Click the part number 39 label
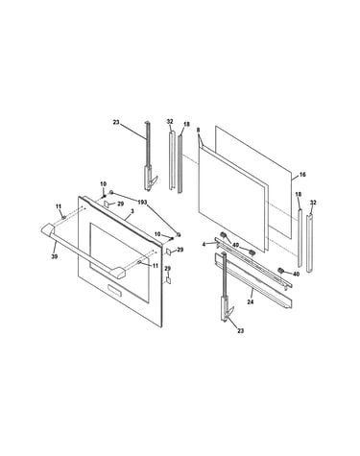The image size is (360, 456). click(55, 256)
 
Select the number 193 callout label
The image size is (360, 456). click(142, 203)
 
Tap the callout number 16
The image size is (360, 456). click(302, 175)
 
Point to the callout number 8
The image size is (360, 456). click(198, 130)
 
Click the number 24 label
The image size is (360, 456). click(251, 301)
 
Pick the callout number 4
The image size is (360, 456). click(204, 244)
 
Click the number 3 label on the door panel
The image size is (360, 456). click(132, 211)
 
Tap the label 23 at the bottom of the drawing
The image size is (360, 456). click(240, 331)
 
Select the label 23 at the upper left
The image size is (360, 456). click(116, 122)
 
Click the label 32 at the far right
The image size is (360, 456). click(313, 203)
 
